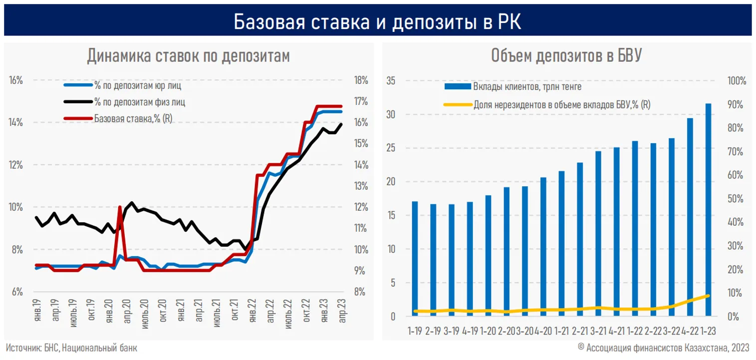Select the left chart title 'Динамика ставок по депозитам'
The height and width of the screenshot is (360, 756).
188,56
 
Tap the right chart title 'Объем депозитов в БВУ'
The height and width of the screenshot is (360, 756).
566,56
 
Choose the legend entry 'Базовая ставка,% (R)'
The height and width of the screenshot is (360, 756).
130,118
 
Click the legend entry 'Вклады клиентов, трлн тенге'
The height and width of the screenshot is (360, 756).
527,87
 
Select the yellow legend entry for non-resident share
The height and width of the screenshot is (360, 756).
561,104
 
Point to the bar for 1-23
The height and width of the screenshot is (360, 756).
708,210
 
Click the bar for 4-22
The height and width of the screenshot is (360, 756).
690,217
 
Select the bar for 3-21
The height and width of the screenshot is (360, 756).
598,233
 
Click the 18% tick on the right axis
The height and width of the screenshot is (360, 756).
360,80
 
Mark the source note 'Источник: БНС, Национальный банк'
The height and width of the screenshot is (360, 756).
71,348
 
